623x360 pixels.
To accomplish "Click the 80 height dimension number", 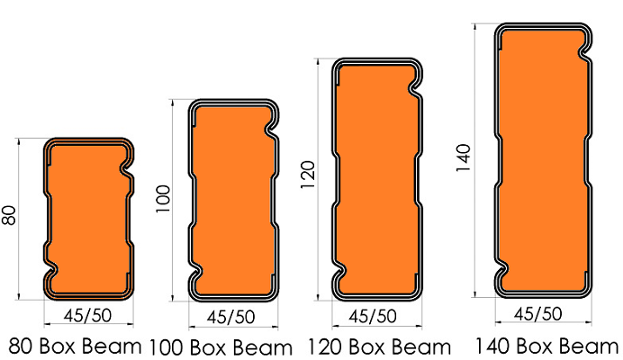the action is (x=9, y=215).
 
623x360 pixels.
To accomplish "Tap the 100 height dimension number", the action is (x=163, y=199).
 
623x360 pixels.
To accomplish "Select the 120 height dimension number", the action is (x=308, y=175).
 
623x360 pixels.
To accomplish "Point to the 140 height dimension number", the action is (x=464, y=157).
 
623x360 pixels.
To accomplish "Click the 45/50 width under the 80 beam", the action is (x=87, y=316).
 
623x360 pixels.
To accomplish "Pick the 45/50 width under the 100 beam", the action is (x=230, y=317).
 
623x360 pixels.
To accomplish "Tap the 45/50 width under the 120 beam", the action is (x=373, y=316).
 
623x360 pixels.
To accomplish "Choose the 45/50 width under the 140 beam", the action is (x=538, y=313).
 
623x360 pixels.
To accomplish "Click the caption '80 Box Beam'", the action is (x=75, y=346).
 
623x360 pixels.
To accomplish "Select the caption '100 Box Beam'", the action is (x=221, y=347).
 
